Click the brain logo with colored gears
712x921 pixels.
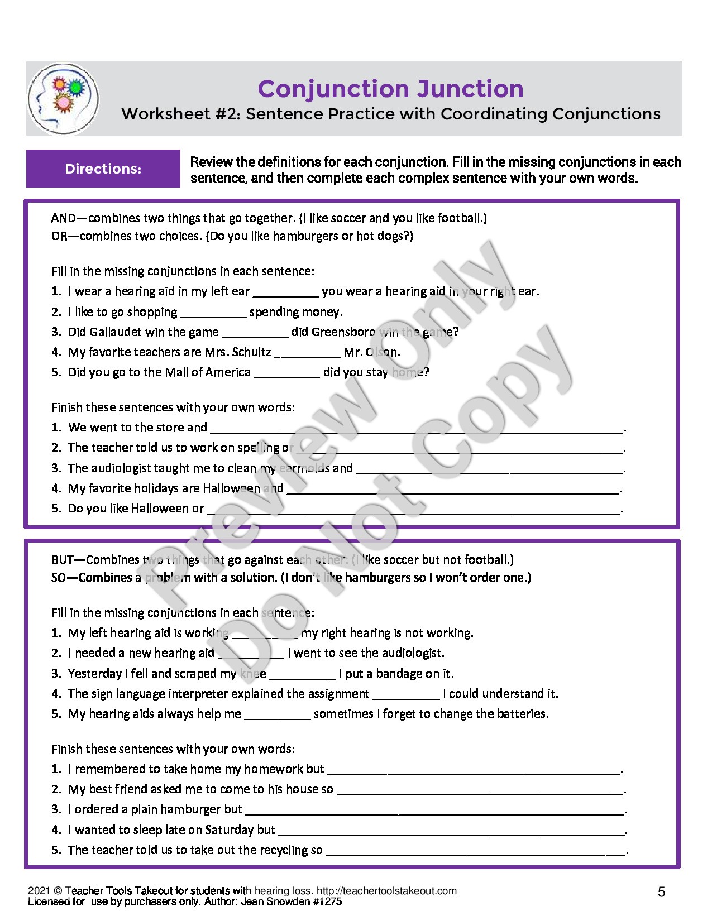[x=63, y=99]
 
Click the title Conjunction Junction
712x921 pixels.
[x=390, y=89]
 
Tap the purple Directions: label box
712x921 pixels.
[x=103, y=169]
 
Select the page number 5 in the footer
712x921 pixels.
[x=661, y=892]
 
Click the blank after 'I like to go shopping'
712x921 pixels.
[x=213, y=313]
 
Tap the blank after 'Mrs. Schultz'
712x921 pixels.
[x=307, y=353]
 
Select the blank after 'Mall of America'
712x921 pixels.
[x=286, y=373]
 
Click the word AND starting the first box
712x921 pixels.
[x=63, y=218]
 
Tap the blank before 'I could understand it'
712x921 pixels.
[x=406, y=695]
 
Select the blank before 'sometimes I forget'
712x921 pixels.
[x=277, y=715]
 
